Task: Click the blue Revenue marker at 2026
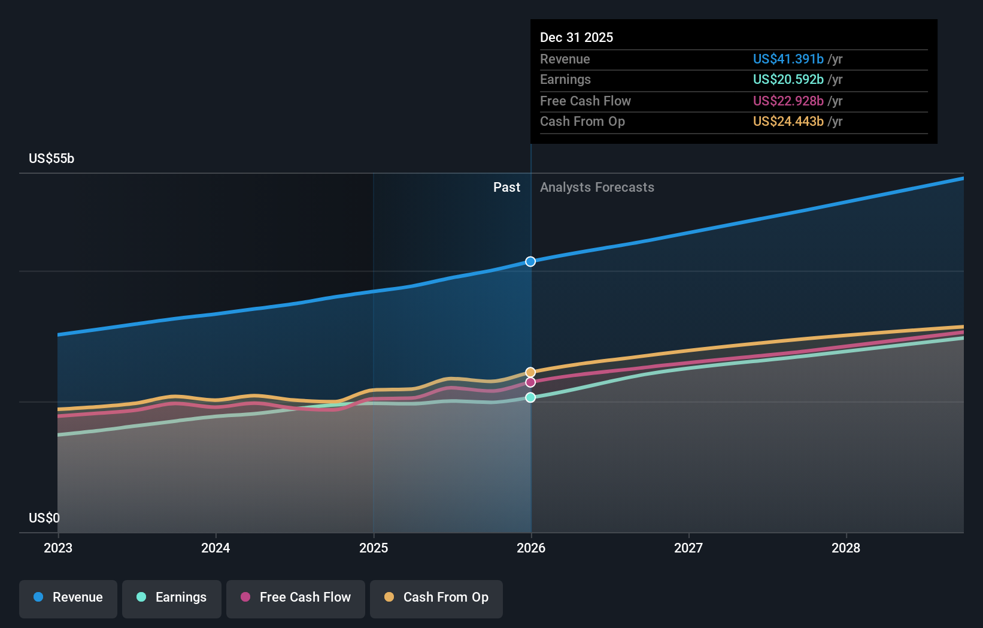(530, 261)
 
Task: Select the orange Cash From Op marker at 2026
(530, 372)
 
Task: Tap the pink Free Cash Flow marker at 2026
(530, 382)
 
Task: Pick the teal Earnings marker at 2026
(530, 397)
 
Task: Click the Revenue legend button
(68, 597)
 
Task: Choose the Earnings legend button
(172, 597)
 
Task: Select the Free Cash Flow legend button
(296, 597)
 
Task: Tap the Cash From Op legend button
(436, 597)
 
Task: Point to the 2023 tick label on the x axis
(58, 548)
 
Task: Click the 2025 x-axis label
(374, 548)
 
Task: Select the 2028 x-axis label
(846, 548)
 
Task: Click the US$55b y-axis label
(51, 158)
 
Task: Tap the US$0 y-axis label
(44, 518)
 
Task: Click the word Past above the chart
(506, 187)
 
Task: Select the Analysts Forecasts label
(597, 187)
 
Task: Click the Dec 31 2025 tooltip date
(577, 37)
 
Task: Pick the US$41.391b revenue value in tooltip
(788, 59)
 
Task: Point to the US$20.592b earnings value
(788, 79)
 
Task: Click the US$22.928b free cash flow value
(788, 101)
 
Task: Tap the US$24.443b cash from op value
(788, 121)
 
